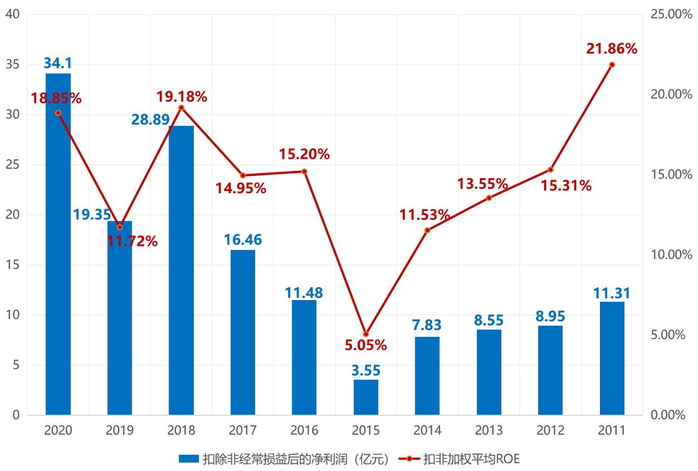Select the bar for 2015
click(366, 397)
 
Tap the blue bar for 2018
click(181, 270)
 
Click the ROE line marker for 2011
click(612, 65)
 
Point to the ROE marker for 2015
click(366, 334)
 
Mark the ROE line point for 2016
click(304, 171)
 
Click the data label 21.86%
click(612, 49)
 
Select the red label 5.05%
click(366, 345)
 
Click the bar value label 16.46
click(243, 240)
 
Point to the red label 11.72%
click(133, 242)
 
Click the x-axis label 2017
click(243, 430)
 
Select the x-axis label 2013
click(489, 430)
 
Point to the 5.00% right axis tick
click(670, 335)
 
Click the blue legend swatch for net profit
click(188, 459)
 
